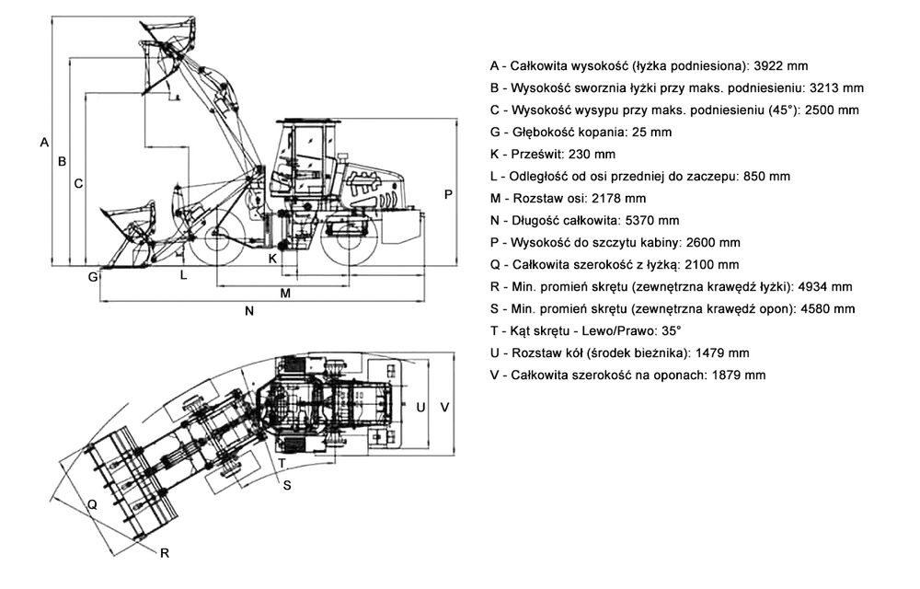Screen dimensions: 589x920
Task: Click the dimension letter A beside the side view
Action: pyautogui.click(x=42, y=142)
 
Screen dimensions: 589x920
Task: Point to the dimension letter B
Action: pyautogui.click(x=62, y=161)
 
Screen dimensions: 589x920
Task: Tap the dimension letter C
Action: pyautogui.click(x=79, y=183)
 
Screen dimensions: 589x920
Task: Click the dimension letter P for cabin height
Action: pyautogui.click(x=448, y=194)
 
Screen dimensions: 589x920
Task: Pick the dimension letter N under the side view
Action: pyautogui.click(x=248, y=311)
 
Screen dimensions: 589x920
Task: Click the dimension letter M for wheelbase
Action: pyautogui.click(x=285, y=294)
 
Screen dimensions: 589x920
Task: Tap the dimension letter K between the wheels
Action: pyautogui.click(x=272, y=259)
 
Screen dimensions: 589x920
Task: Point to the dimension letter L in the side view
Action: pyautogui.click(x=183, y=274)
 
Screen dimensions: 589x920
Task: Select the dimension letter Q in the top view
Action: pyautogui.click(x=92, y=503)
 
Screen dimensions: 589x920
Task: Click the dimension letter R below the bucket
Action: pyautogui.click(x=164, y=552)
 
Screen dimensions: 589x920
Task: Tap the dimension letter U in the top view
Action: pyautogui.click(x=420, y=406)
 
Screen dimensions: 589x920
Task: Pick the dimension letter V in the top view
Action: pyautogui.click(x=444, y=406)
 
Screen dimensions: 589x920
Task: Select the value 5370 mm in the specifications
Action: pyautogui.click(x=650, y=220)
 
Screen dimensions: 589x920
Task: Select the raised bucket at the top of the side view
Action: pyautogui.click(x=170, y=41)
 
